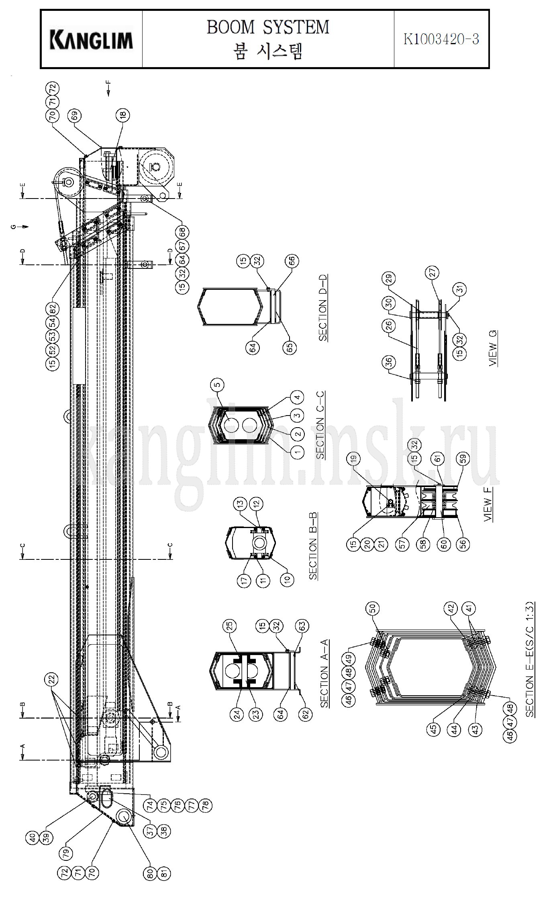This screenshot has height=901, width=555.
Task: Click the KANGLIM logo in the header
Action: tap(91, 40)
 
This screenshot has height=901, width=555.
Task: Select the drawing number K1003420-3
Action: tap(441, 39)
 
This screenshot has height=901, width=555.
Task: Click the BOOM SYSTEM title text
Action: tap(268, 27)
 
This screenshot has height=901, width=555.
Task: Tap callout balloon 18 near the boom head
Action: tap(123, 115)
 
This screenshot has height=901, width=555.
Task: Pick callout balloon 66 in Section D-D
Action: tap(292, 261)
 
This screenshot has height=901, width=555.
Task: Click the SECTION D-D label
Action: tap(323, 308)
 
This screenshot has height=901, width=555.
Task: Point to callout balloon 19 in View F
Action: tap(355, 459)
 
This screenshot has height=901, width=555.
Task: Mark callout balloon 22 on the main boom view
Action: tap(53, 680)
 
